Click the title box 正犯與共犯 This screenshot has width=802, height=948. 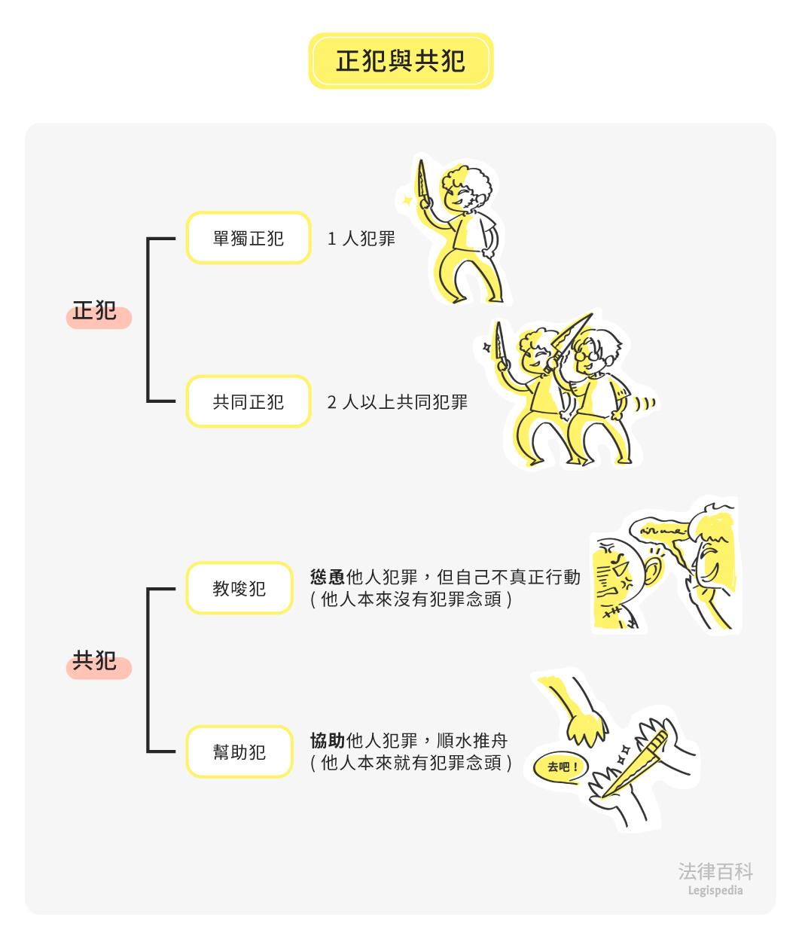click(401, 60)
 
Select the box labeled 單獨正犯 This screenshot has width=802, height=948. click(249, 238)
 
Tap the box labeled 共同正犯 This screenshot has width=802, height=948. click(249, 401)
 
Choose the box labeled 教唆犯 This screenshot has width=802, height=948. click(239, 588)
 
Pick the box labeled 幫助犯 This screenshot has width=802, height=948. click(239, 751)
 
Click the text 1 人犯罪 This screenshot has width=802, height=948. click(361, 239)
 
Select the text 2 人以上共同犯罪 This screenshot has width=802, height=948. click(398, 402)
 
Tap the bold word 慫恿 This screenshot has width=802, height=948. click(327, 577)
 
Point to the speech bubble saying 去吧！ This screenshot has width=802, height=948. click(560, 767)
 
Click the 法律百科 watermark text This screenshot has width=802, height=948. click(715, 871)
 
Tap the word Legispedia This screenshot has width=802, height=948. click(715, 891)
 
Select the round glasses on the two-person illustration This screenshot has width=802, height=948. click(588, 355)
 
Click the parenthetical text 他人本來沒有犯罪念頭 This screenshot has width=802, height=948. click(411, 599)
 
